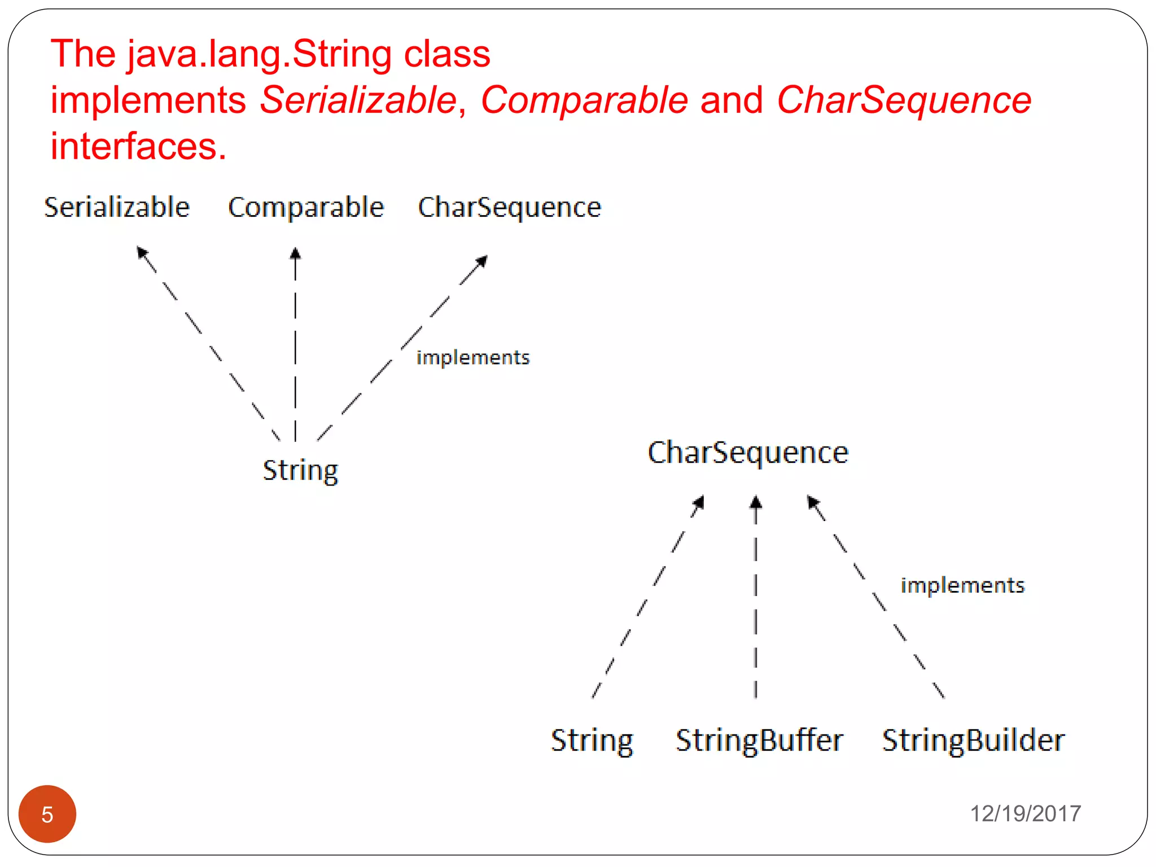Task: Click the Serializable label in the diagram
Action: (x=117, y=207)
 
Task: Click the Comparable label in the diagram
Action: (x=306, y=207)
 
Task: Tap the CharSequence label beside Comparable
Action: (x=509, y=207)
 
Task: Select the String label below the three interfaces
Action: (x=300, y=470)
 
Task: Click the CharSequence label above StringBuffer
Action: (x=748, y=452)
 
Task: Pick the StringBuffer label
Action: (x=759, y=740)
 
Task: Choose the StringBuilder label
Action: (x=973, y=740)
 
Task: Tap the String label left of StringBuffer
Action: (x=592, y=740)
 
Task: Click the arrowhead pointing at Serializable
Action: (x=142, y=252)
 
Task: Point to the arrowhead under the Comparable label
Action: (x=295, y=253)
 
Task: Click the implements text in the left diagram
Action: (x=473, y=357)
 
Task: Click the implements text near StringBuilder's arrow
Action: (x=962, y=585)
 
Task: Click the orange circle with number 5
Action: (x=47, y=813)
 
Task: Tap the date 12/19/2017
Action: (x=1025, y=813)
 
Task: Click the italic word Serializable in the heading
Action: (x=358, y=100)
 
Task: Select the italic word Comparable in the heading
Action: (x=584, y=100)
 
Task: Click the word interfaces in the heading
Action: (x=138, y=146)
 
